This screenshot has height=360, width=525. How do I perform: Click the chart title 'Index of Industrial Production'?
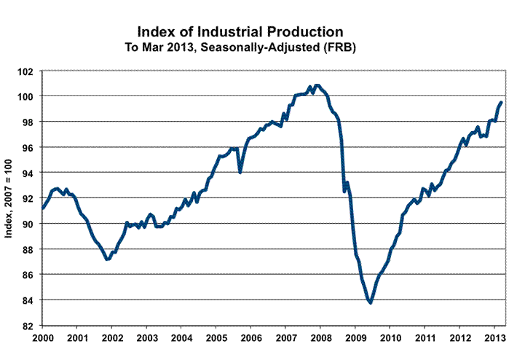(240, 32)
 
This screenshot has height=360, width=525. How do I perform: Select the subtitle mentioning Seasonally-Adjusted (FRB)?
(240, 47)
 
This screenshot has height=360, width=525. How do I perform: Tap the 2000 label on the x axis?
(42, 339)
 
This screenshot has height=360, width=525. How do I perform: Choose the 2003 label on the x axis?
(147, 339)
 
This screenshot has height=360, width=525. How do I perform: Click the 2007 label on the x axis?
(286, 339)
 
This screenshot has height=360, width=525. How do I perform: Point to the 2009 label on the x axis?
(355, 339)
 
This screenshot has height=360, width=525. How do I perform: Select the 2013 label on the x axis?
(494, 339)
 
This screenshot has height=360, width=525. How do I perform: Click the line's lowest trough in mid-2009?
(371, 302)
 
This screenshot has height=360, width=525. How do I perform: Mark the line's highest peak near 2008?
(317, 85)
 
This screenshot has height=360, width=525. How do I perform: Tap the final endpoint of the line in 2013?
(502, 103)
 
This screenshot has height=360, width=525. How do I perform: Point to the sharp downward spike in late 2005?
(240, 172)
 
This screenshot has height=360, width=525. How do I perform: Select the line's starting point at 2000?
(42, 208)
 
